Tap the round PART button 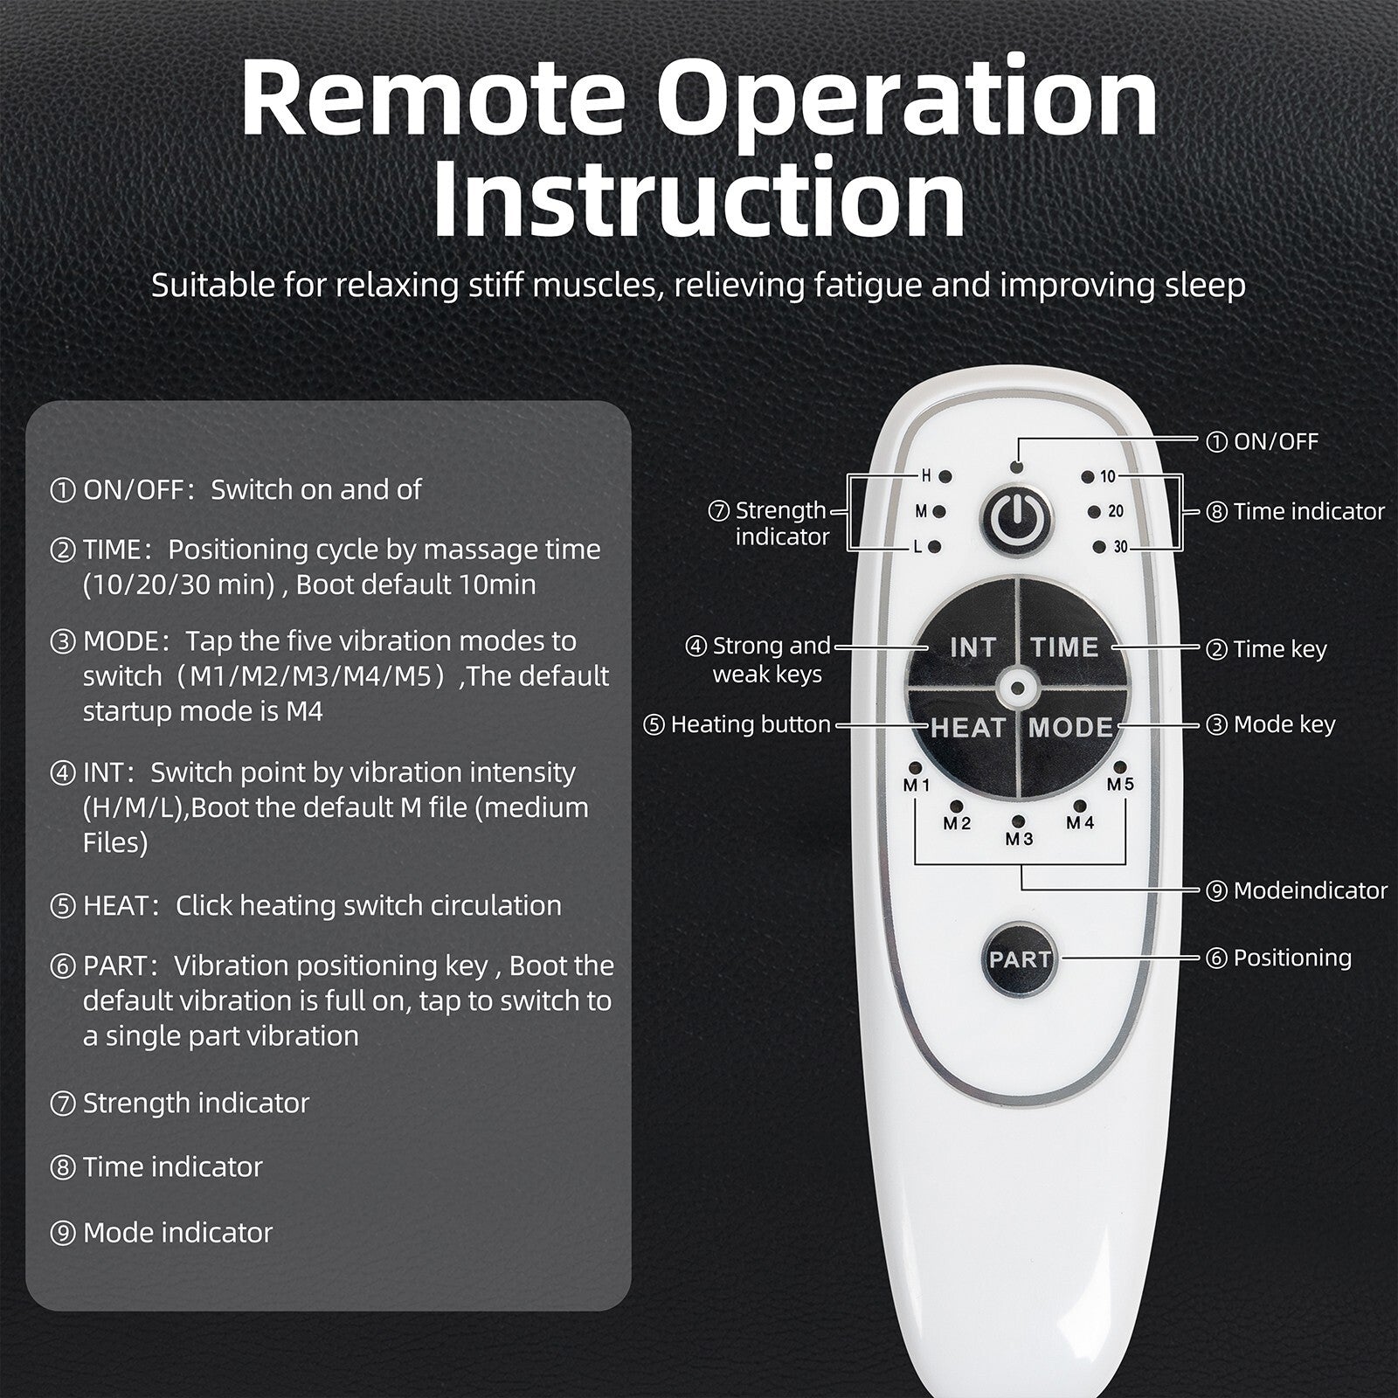[1020, 959]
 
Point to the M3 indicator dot [1019, 822]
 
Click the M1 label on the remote [917, 785]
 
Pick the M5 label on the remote [1120, 784]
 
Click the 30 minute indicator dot [1098, 548]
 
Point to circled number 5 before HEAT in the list [63, 906]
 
